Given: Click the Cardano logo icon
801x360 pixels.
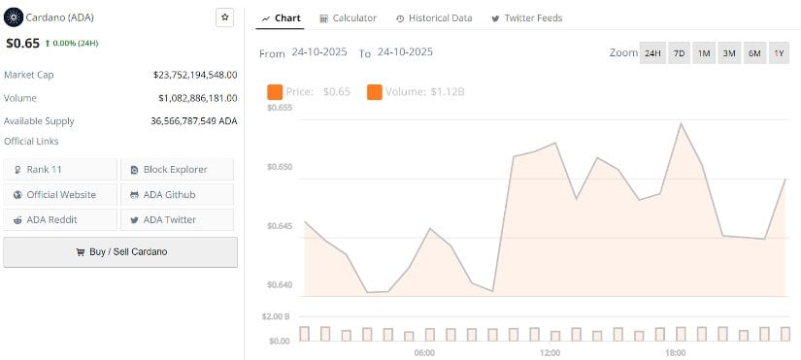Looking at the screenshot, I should point(14,17).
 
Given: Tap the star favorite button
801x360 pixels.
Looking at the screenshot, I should point(224,17).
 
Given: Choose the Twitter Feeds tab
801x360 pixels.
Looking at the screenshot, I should point(526,18).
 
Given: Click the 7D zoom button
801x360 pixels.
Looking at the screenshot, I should point(679,53).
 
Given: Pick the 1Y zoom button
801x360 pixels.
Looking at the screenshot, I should point(779,53).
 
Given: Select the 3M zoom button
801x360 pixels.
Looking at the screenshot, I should point(728,53).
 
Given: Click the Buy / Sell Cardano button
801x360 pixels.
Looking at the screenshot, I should point(120,251).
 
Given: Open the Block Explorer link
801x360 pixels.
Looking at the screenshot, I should point(176,169).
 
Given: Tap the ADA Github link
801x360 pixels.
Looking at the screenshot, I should point(176,194).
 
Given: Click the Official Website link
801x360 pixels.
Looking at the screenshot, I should point(60,194).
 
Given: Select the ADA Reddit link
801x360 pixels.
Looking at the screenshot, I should point(60,219).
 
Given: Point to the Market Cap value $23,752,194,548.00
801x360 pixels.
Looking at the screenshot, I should point(195,74).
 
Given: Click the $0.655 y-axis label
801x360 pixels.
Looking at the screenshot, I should point(279,108).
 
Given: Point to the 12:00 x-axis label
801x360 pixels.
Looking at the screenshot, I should point(550,351).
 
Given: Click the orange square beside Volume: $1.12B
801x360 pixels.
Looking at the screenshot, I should point(375,92).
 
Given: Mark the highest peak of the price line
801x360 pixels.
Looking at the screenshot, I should point(682,123).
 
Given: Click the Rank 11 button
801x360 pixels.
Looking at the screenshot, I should point(60,169).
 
